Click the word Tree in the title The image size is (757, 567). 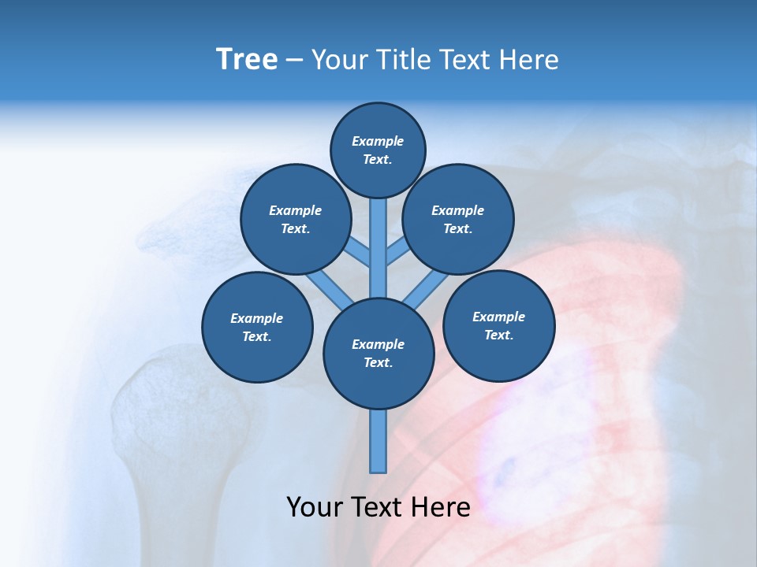click(247, 60)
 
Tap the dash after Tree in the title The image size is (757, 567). click(295, 61)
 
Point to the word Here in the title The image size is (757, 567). click(529, 60)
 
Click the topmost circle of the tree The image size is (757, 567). click(378, 150)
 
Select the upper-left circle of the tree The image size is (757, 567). click(296, 219)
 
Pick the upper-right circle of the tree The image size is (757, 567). click(458, 219)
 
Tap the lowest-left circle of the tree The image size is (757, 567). click(257, 327)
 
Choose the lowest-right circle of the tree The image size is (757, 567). click(498, 325)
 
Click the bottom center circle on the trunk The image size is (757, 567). click(378, 354)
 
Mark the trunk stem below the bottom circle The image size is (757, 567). click(378, 441)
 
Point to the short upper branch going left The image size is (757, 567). click(359, 253)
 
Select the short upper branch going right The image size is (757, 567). click(397, 251)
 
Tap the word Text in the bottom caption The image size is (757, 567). click(378, 507)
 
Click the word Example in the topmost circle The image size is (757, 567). click(378, 141)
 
